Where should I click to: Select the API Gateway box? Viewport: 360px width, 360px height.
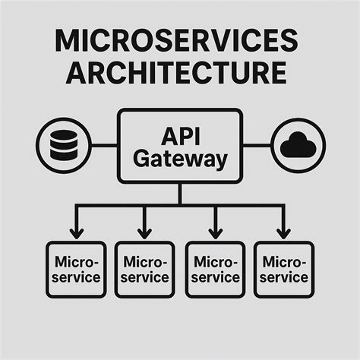point(180,146)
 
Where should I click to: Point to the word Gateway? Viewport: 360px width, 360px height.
point(180,159)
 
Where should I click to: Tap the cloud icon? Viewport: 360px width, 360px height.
point(298,145)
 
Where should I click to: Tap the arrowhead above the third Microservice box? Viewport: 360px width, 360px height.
point(215,232)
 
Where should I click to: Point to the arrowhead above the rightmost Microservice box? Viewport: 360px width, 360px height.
point(284,232)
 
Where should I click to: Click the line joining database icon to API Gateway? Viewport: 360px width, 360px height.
point(104,145)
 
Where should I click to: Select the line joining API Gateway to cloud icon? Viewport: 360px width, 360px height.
point(257,145)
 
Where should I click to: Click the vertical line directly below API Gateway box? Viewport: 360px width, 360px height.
point(180,194)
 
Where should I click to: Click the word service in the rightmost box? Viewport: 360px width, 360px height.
point(284,277)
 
